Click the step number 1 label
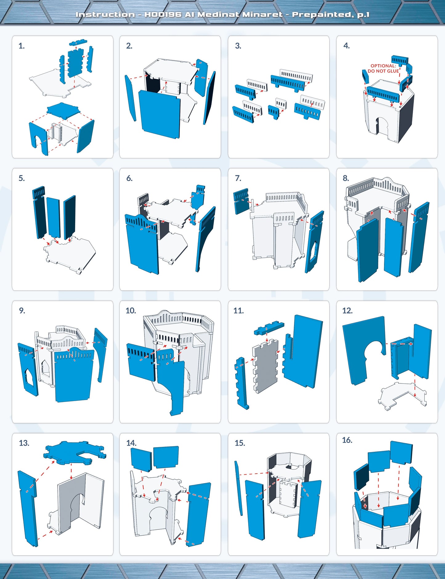pos(21,46)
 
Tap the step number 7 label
pos(238,178)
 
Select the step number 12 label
pos(347,311)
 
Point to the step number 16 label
pos(347,440)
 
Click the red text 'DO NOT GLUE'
pos(383,71)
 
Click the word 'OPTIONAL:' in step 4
pos(383,66)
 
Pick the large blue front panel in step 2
pos(159,114)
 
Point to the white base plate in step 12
pos(402,396)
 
